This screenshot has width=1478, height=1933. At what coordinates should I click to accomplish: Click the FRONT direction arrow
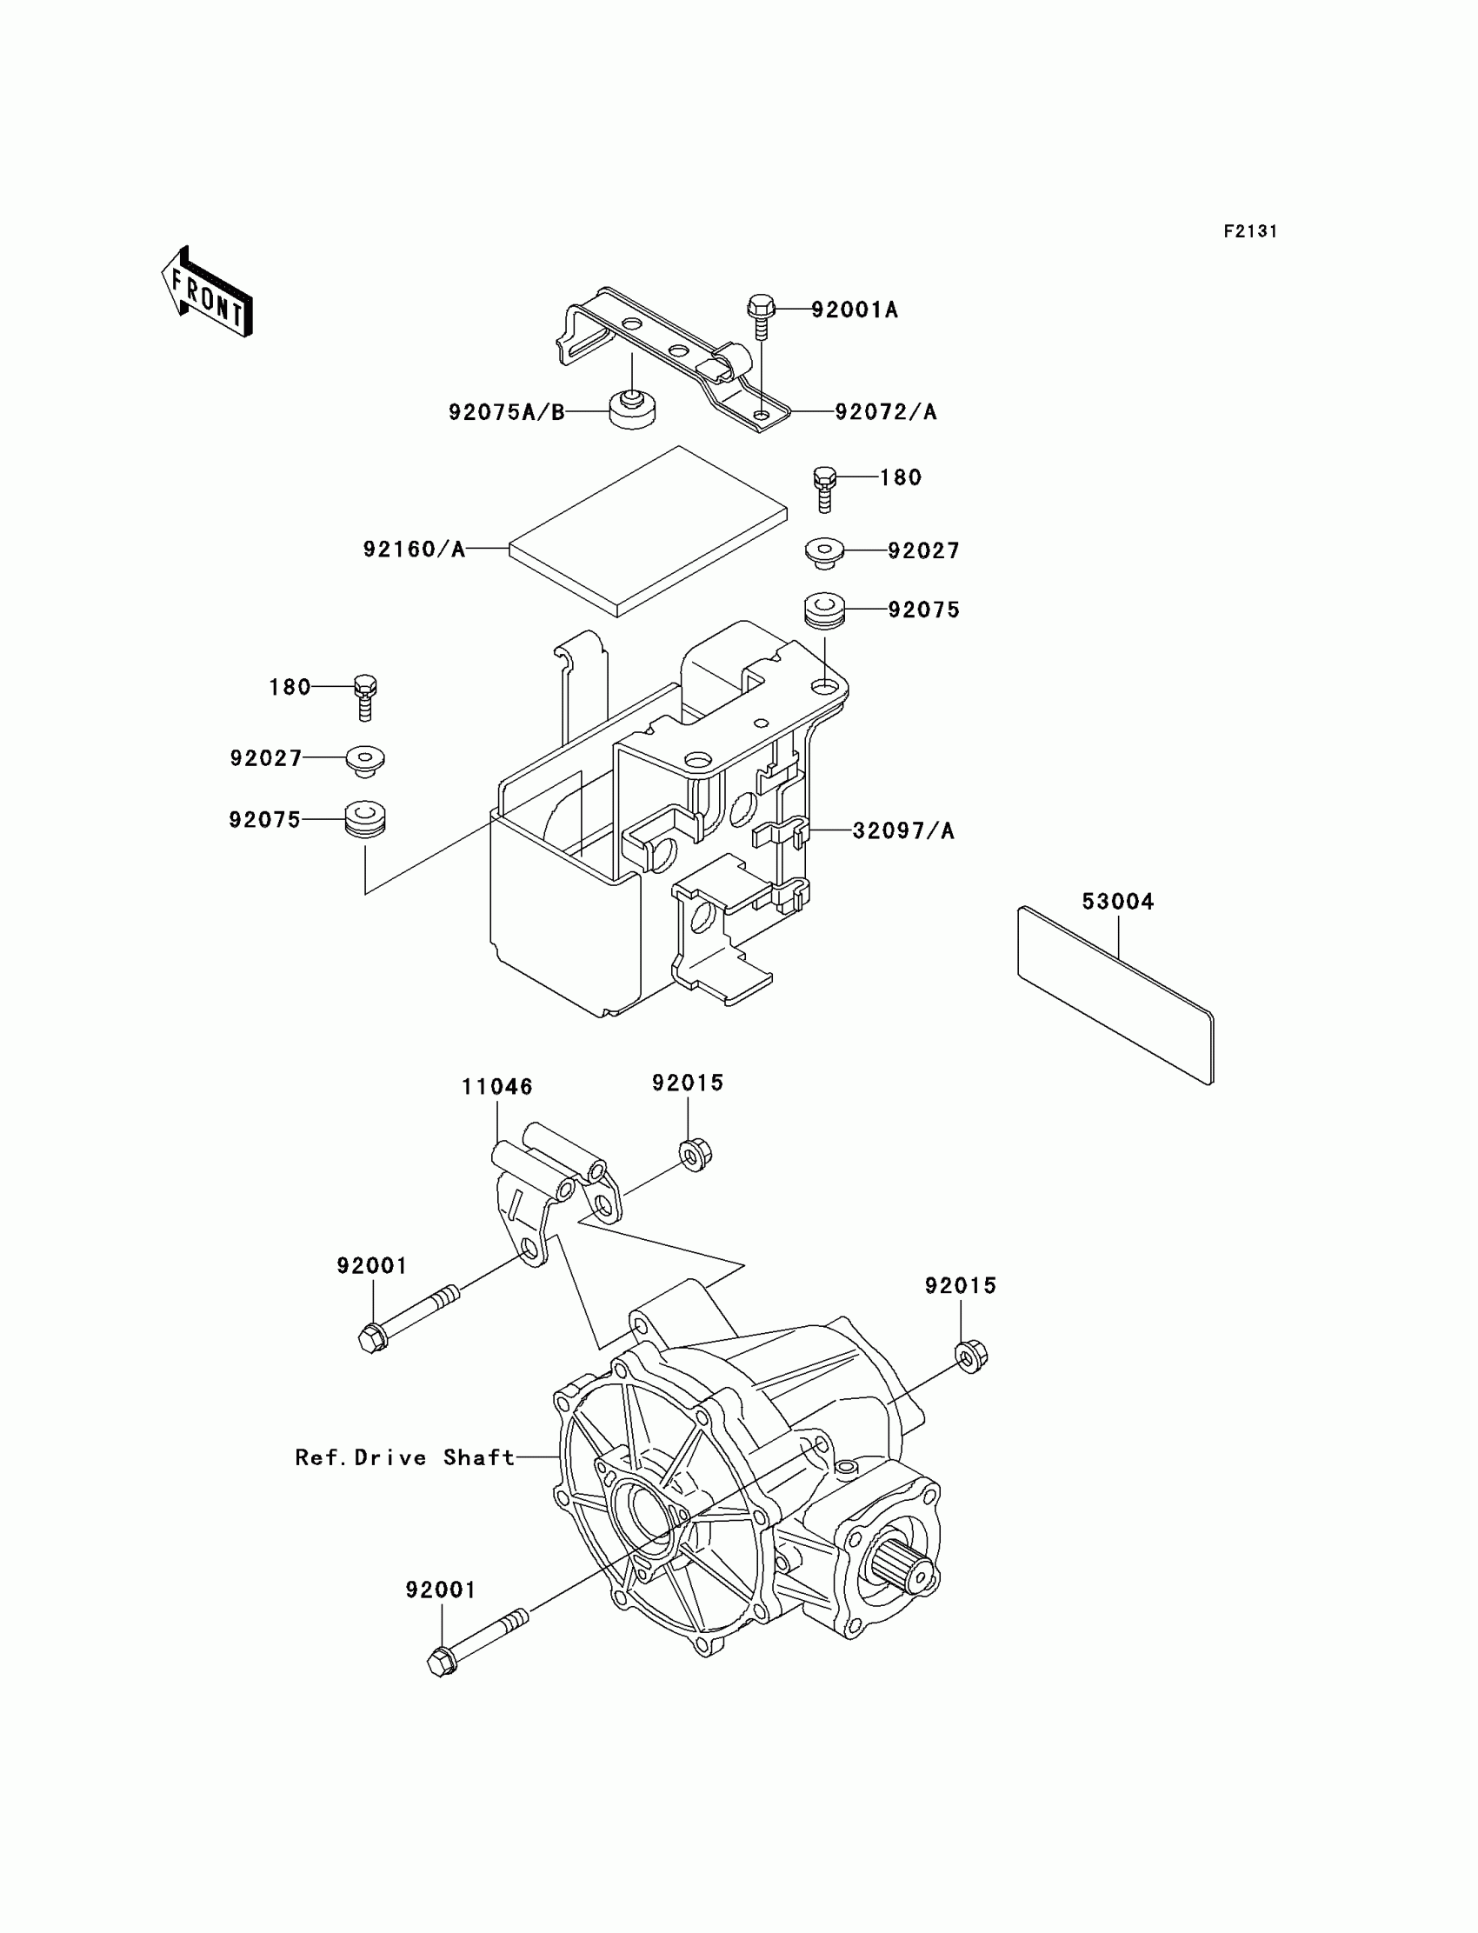(x=208, y=293)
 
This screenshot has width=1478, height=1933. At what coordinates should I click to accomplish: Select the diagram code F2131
(x=1249, y=231)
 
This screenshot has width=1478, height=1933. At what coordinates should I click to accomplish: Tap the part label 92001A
(x=855, y=310)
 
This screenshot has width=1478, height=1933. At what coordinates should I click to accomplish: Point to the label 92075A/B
(x=506, y=412)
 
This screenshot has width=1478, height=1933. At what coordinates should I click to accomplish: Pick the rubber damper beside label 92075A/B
(x=633, y=410)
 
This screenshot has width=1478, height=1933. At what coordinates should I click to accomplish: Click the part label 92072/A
(x=886, y=412)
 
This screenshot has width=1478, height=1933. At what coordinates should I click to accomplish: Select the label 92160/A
(x=414, y=550)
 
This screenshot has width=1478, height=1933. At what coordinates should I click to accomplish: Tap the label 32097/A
(x=903, y=830)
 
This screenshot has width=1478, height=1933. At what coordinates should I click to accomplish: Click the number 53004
(x=1117, y=902)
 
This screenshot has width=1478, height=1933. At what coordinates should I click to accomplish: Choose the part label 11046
(x=497, y=1087)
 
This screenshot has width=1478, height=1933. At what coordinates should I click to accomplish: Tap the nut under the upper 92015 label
(x=695, y=1155)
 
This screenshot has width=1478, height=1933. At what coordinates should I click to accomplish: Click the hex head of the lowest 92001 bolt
(x=441, y=1662)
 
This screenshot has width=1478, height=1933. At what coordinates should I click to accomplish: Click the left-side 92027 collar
(x=366, y=760)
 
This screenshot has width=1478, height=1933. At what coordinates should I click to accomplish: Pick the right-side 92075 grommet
(x=824, y=610)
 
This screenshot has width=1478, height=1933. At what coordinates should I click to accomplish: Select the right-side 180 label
(x=901, y=477)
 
